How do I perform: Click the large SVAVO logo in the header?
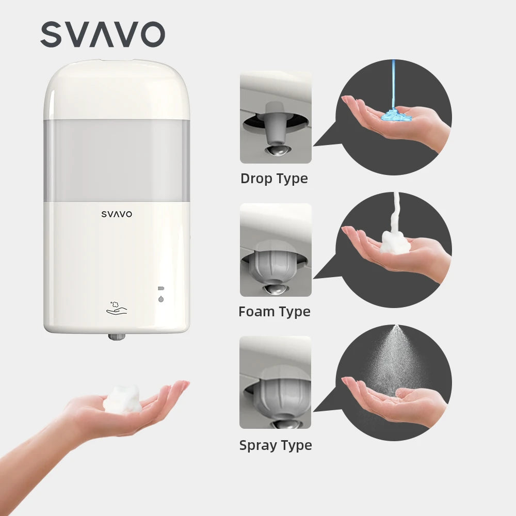(x=103, y=35)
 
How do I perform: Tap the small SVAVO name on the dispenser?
(x=117, y=214)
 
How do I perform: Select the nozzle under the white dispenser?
(x=117, y=336)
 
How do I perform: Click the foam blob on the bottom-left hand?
(x=122, y=398)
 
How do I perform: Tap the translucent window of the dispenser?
(x=117, y=160)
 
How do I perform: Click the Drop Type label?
(x=274, y=179)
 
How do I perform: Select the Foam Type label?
(x=275, y=312)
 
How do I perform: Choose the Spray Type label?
(x=276, y=445)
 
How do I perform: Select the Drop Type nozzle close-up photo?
(x=276, y=117)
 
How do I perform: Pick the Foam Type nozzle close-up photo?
(x=276, y=250)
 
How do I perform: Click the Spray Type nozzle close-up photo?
(x=276, y=382)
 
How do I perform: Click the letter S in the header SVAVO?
(x=53, y=35)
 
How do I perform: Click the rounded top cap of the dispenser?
(x=117, y=88)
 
